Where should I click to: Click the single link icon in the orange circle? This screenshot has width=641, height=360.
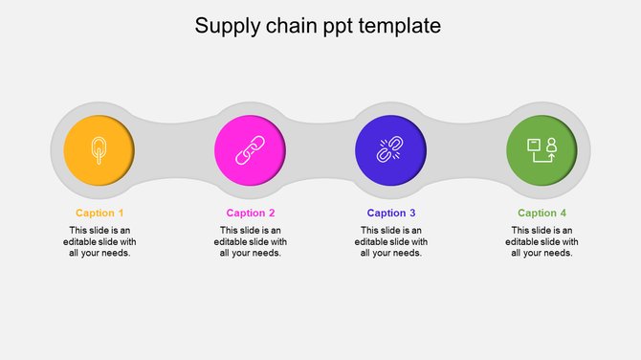click(99, 149)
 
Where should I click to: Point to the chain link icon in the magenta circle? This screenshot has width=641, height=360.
click(249, 149)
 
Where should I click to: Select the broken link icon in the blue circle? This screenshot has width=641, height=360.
click(389, 150)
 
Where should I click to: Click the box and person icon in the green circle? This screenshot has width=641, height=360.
click(542, 150)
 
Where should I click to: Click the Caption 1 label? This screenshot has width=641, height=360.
click(99, 213)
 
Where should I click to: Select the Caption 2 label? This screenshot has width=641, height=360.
click(251, 213)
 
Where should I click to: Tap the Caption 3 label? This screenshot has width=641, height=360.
click(391, 213)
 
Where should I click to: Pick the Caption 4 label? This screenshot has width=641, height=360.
click(542, 213)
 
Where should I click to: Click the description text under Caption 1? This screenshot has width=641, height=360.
click(99, 241)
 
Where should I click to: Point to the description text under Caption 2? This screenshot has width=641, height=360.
click(251, 241)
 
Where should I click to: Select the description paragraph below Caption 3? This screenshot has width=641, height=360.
click(391, 241)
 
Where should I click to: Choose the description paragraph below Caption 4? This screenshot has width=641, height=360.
click(542, 241)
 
